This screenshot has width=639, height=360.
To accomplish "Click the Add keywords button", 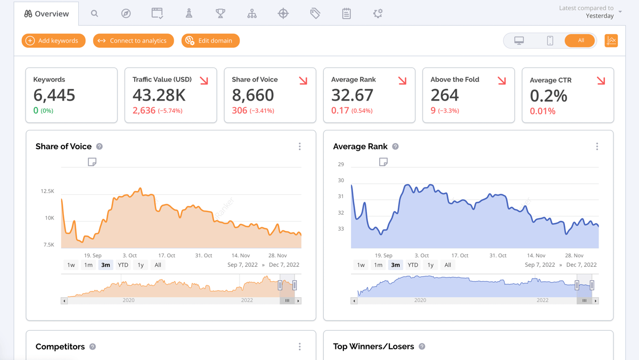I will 53,40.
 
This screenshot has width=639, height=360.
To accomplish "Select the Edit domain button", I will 210,40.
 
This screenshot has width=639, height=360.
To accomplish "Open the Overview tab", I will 47,14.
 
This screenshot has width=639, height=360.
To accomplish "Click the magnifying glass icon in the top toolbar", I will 94,13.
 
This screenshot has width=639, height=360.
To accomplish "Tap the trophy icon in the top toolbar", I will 220,13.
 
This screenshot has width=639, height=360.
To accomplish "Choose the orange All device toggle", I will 580,40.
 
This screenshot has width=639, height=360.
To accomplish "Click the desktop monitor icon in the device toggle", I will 519,40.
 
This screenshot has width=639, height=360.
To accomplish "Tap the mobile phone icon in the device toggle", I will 550,40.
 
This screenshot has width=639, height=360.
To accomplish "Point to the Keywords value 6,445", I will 54,95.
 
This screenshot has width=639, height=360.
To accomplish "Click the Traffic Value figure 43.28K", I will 159,95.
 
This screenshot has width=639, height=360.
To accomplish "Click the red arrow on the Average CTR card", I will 601,81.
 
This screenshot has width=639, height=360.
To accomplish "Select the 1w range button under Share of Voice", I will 71,265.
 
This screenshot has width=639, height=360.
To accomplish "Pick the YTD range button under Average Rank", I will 413,265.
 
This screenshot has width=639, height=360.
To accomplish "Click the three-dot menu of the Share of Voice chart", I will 300,146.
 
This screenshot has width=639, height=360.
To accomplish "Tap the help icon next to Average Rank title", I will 395,146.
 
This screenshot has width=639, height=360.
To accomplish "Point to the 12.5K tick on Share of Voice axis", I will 47,191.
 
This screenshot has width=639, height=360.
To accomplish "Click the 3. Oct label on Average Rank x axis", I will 421,256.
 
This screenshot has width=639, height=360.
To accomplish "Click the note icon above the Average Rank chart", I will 383,162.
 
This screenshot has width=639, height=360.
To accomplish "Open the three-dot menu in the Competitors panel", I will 300,347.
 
